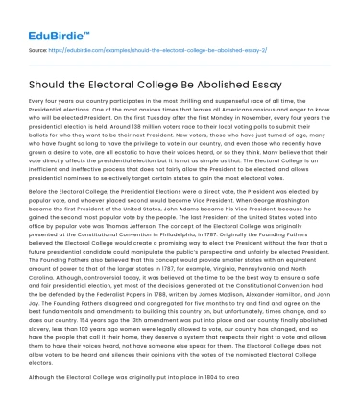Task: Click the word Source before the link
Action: click(41, 46)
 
